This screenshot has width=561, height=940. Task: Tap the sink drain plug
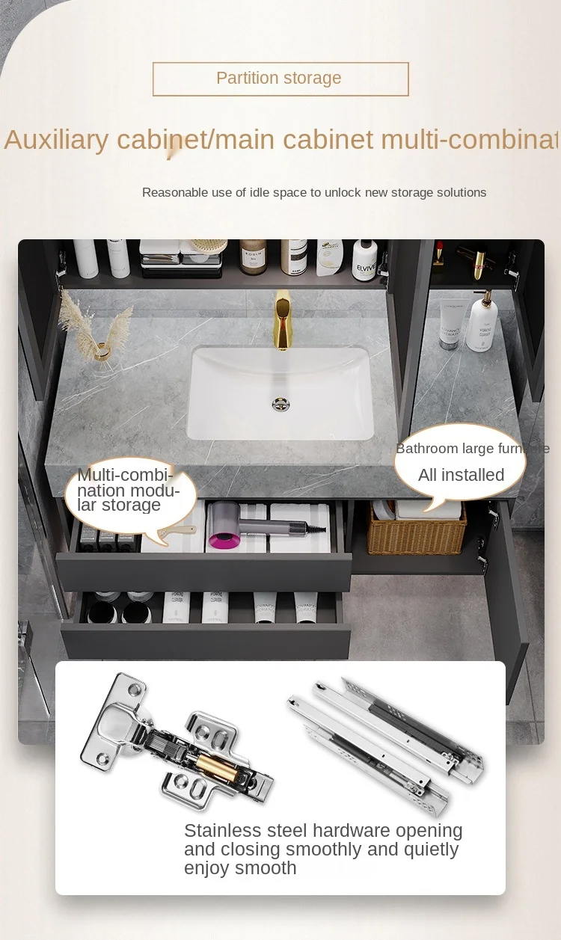coord(281,404)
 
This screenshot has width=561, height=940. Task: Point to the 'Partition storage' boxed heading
coord(280,79)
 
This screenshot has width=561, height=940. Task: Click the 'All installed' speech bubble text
coord(461,475)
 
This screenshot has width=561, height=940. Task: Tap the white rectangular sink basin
coord(281,393)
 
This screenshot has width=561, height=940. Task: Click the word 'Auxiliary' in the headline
coord(56,140)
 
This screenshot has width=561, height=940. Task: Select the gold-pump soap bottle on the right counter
coord(482,325)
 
